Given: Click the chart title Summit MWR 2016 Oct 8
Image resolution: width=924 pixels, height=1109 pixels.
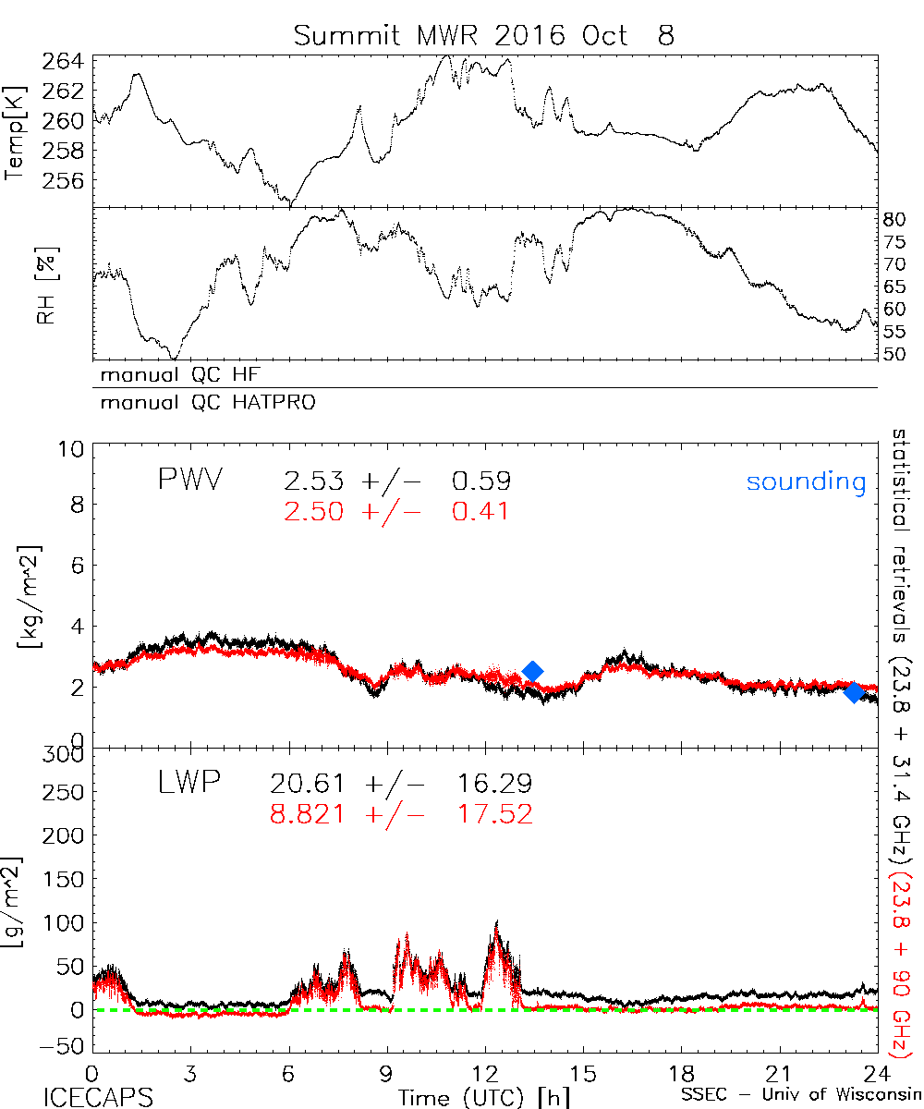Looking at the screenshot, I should tap(484, 35).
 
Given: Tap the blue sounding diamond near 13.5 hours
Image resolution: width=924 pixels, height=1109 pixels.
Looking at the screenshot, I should tap(532, 672).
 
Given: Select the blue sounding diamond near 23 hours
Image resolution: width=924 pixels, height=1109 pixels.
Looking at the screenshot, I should tap(855, 692).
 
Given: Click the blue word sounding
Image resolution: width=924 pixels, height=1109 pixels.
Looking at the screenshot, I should tap(806, 481).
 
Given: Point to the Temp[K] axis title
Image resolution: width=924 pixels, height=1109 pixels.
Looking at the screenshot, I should tap(16, 131).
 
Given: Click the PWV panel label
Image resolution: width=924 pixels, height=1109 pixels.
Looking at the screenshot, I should tap(189, 481).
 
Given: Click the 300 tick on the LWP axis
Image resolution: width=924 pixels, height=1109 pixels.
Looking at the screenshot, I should tap(64, 754).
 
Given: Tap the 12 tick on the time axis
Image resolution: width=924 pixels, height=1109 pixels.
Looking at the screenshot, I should tap(485, 1073).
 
